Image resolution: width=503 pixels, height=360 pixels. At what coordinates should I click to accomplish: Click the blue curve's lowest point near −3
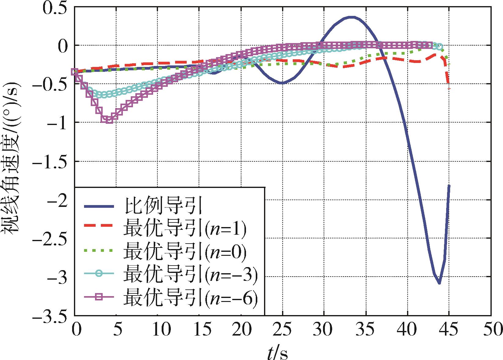[x=439, y=283]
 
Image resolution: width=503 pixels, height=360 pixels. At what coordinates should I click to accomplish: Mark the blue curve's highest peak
[x=351, y=17]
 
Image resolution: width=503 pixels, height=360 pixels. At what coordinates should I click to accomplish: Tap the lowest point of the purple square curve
[x=109, y=120]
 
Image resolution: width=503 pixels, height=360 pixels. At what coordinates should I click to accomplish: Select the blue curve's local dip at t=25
[x=282, y=83]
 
